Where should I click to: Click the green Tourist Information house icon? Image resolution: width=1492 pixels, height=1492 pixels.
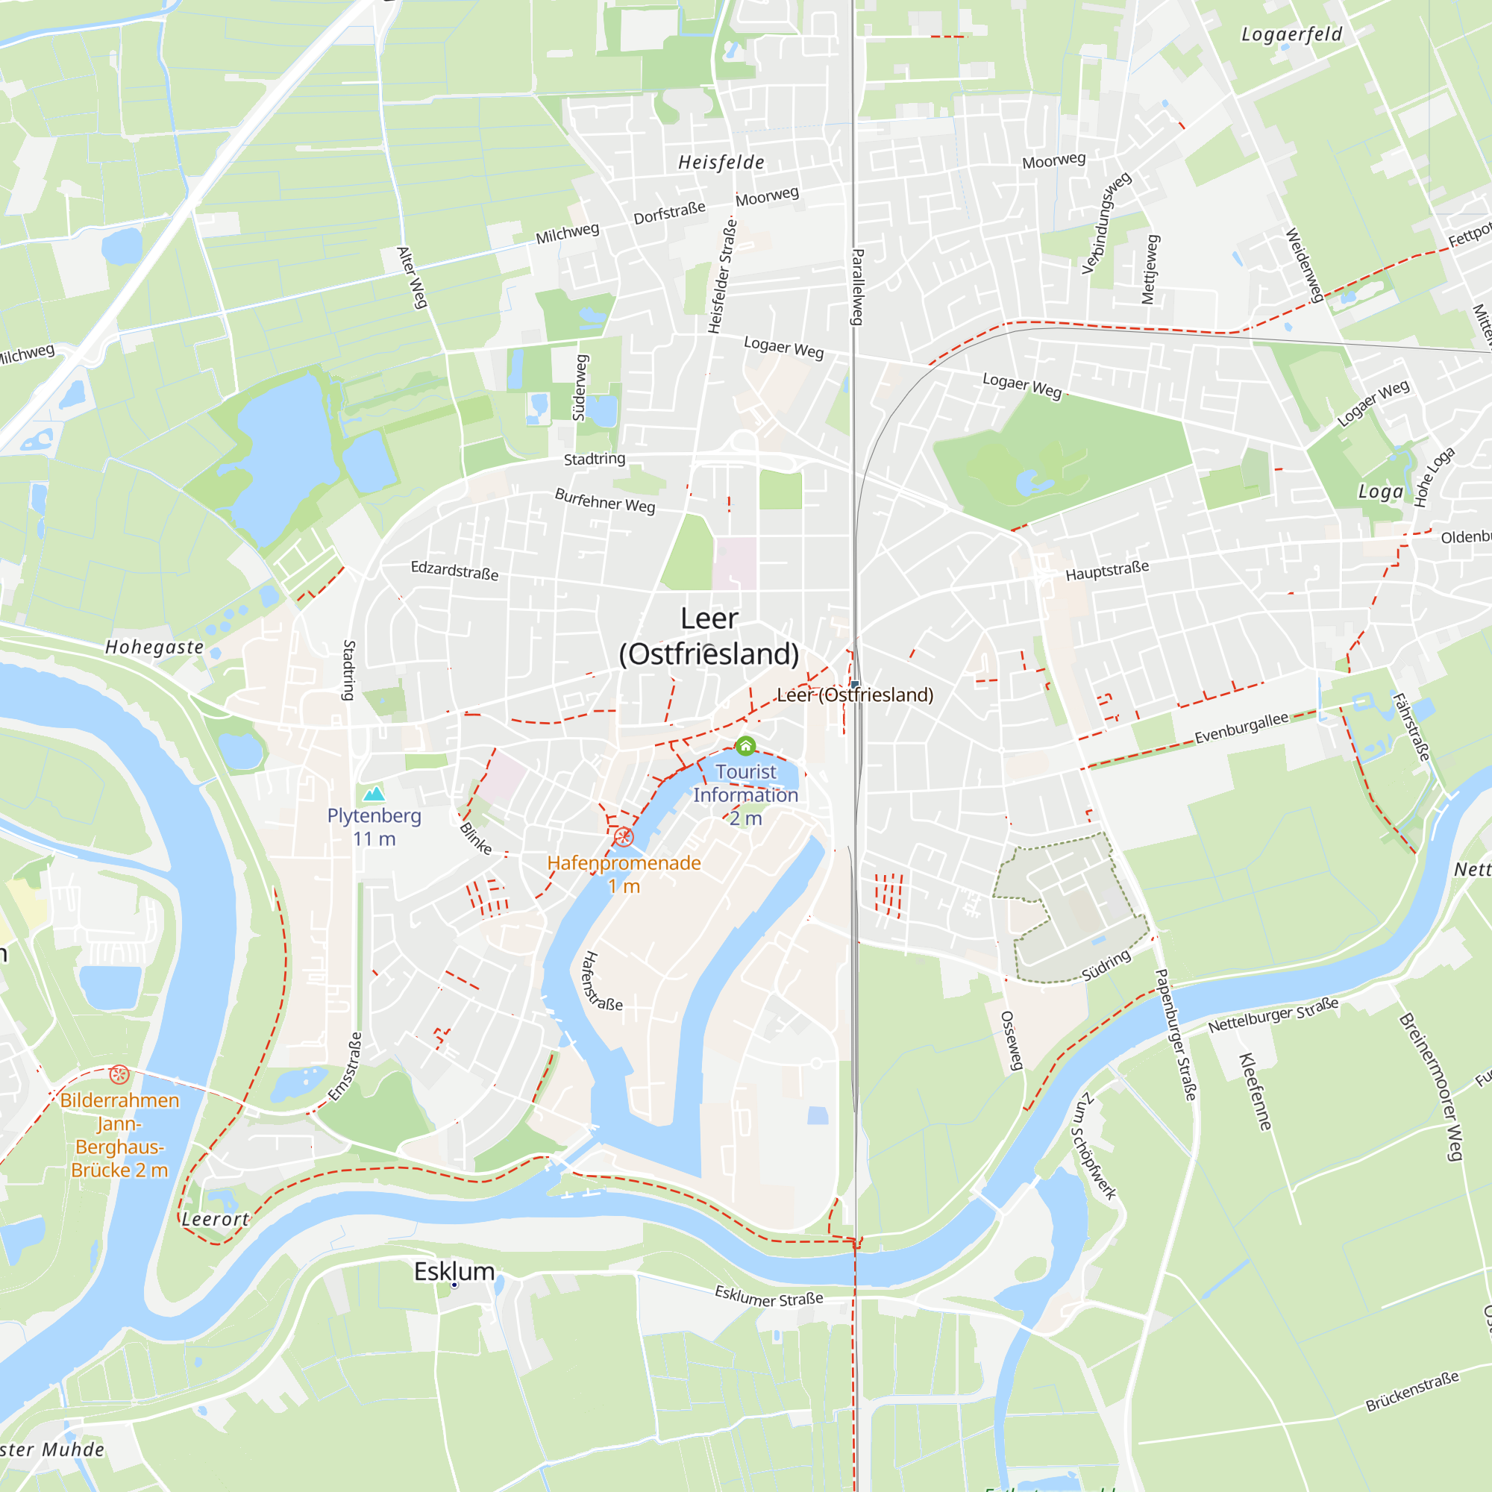click(x=745, y=746)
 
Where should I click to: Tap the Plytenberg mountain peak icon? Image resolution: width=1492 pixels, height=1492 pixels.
click(x=374, y=793)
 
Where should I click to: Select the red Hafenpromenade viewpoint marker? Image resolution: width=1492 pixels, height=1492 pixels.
click(x=624, y=837)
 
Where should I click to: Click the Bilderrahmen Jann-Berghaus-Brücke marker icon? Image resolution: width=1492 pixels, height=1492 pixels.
click(x=119, y=1074)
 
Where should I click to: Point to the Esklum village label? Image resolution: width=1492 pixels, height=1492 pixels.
click(x=454, y=1271)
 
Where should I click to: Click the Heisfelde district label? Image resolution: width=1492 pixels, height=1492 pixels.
click(x=721, y=162)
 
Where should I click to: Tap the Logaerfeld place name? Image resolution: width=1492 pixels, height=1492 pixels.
click(x=1291, y=35)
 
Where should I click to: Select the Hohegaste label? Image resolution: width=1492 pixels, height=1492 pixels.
click(x=154, y=647)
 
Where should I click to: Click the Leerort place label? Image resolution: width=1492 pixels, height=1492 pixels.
click(x=216, y=1220)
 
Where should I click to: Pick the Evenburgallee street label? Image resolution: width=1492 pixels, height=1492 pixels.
click(x=1242, y=727)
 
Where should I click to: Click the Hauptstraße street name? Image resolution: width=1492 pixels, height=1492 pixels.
click(x=1106, y=571)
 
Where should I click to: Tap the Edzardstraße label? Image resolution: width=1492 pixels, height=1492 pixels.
click(x=454, y=571)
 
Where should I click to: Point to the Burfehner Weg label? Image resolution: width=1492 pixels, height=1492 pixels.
click(x=605, y=501)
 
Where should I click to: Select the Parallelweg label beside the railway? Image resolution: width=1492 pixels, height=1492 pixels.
click(x=857, y=286)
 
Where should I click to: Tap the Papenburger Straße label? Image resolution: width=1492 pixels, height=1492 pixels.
click(x=1175, y=1035)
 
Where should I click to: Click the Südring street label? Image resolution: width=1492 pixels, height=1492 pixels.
click(x=1106, y=965)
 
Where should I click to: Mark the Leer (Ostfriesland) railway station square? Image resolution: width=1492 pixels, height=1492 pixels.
click(x=855, y=684)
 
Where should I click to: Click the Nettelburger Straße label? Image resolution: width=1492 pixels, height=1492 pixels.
click(x=1273, y=1015)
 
